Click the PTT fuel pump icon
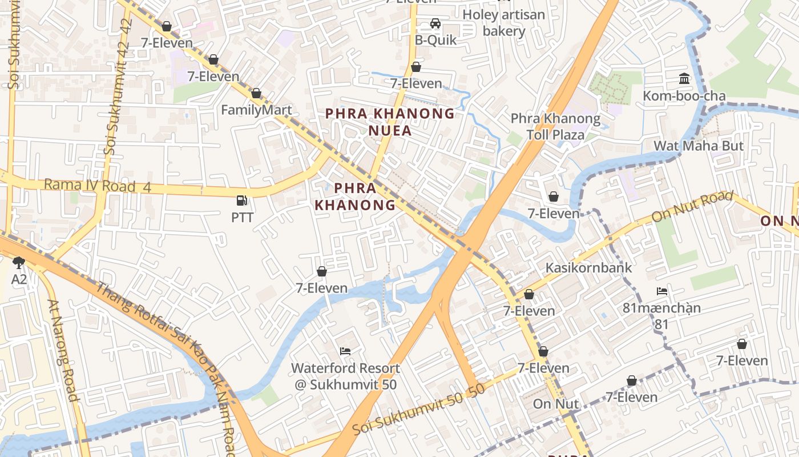[241, 201]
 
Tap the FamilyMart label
[256, 110]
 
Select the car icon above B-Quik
[435, 23]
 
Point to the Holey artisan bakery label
[504, 23]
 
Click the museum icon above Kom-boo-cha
[684, 78]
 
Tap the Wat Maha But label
[699, 146]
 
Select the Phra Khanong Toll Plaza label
[555, 127]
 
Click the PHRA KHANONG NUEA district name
[390, 122]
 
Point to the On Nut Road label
[692, 207]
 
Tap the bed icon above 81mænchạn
[661, 291]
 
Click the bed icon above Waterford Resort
[345, 351]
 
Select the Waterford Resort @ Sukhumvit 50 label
[345, 376]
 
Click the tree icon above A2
[18, 262]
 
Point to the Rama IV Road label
[90, 186]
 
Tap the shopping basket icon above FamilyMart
[256, 93]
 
